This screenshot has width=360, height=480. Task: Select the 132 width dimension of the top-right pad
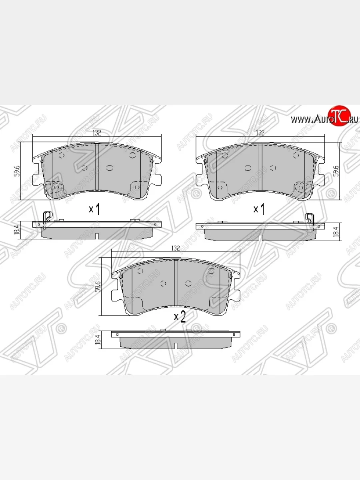(x=260, y=133)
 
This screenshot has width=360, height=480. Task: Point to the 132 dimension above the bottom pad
(x=175, y=248)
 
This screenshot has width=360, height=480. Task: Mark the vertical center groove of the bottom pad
(x=176, y=284)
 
